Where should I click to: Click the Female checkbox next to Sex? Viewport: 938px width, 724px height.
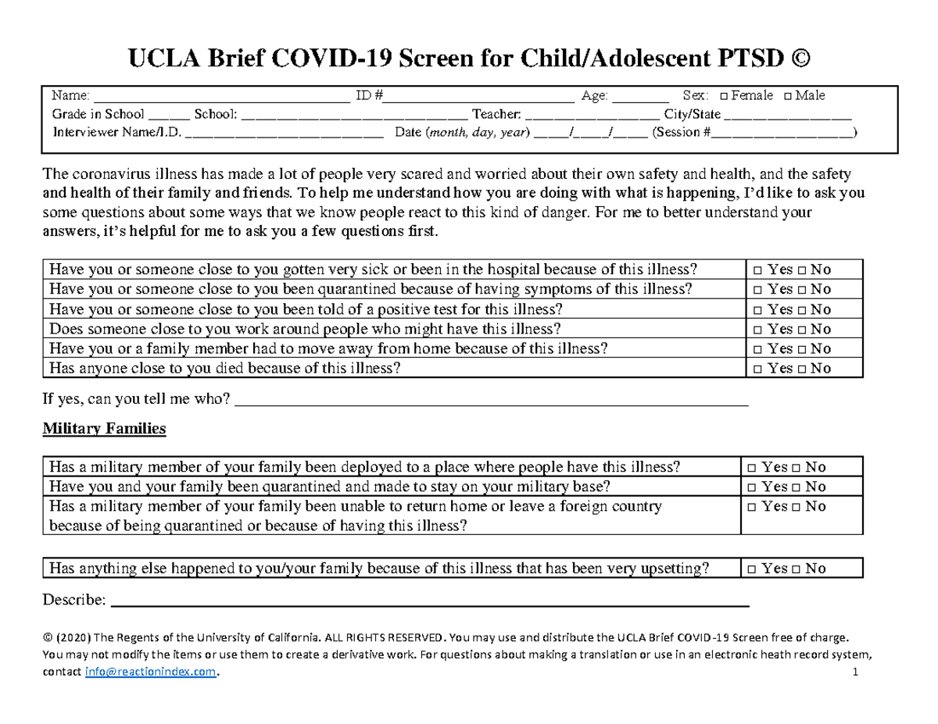(723, 96)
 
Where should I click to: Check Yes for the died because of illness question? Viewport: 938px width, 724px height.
(759, 369)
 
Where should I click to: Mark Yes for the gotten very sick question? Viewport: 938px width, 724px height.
(759, 270)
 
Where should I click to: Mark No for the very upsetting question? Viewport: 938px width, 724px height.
(795, 569)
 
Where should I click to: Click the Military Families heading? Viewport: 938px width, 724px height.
(103, 429)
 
